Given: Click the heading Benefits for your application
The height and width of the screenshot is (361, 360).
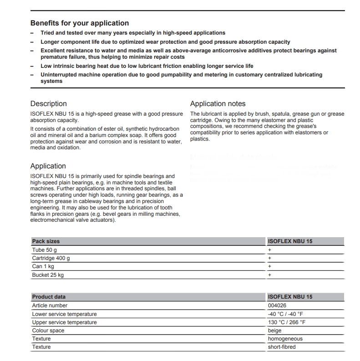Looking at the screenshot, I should [79, 23].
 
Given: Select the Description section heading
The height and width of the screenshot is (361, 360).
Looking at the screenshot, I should [48, 104].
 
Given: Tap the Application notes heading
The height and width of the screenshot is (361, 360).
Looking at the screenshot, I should [218, 104].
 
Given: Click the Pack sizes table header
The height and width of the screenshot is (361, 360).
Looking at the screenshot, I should [46, 241].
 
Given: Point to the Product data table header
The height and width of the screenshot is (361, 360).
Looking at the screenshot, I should [48, 297].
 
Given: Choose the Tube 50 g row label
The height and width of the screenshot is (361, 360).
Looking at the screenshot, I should [44, 250].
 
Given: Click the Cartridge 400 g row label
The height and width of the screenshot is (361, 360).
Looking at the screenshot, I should [51, 258].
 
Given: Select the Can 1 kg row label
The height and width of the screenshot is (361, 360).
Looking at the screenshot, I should [43, 266].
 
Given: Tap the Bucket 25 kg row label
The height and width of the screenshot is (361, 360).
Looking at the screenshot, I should [47, 275].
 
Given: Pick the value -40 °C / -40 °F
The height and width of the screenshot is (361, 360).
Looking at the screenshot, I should [286, 314].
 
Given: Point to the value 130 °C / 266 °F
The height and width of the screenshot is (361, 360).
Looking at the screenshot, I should [287, 322].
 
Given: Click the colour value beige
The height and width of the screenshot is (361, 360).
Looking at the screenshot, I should [275, 330].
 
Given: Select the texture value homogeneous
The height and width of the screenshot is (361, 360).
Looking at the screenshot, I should [285, 339].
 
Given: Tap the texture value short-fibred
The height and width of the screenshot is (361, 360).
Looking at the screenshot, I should [282, 347].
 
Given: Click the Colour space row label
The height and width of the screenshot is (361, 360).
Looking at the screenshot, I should [48, 330].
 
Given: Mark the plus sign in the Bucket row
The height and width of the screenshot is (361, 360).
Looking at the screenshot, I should [269, 275].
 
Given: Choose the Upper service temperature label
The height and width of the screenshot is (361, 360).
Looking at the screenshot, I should [64, 322].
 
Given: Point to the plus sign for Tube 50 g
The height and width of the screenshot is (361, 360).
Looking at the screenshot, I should [269, 250].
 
